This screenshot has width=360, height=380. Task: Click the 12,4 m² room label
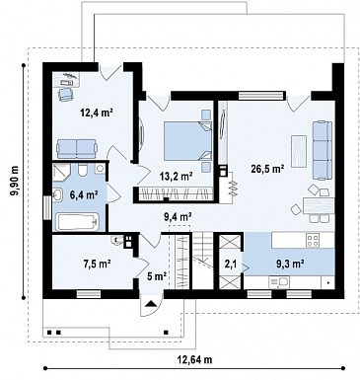coord(97,114)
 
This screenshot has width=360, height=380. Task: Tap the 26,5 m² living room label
coord(268,169)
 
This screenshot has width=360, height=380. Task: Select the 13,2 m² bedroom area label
coord(177,177)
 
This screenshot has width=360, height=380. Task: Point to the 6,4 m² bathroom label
coord(84,194)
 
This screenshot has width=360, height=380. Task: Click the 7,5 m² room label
coord(96,264)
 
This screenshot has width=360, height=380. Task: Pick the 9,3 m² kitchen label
coord(288,264)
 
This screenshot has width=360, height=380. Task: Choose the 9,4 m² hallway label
coord(178,216)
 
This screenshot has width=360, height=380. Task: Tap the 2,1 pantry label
coord(231,266)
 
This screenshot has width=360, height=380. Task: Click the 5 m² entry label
coord(156,276)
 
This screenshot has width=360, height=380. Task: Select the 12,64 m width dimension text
coord(194,359)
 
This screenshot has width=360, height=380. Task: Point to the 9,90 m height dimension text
coord(15,181)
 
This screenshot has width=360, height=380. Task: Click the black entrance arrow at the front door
coord(151,303)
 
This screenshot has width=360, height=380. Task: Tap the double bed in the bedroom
coord(187,141)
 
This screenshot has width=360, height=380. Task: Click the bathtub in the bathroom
coord(77,222)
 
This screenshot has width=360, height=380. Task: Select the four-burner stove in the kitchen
coord(312,240)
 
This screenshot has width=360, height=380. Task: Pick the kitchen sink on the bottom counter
coord(279,282)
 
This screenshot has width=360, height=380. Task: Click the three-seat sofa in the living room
coord(322,150)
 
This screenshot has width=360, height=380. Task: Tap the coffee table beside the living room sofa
coord(299,150)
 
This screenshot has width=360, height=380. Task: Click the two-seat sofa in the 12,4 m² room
coord(77,148)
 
